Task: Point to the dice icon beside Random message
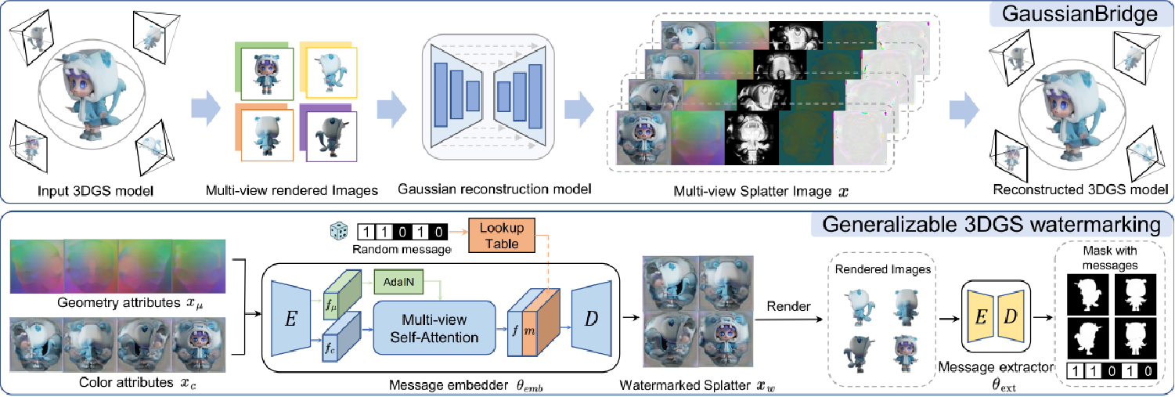[338, 231]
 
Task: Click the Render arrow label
[784, 305]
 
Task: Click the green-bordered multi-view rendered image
[267, 74]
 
